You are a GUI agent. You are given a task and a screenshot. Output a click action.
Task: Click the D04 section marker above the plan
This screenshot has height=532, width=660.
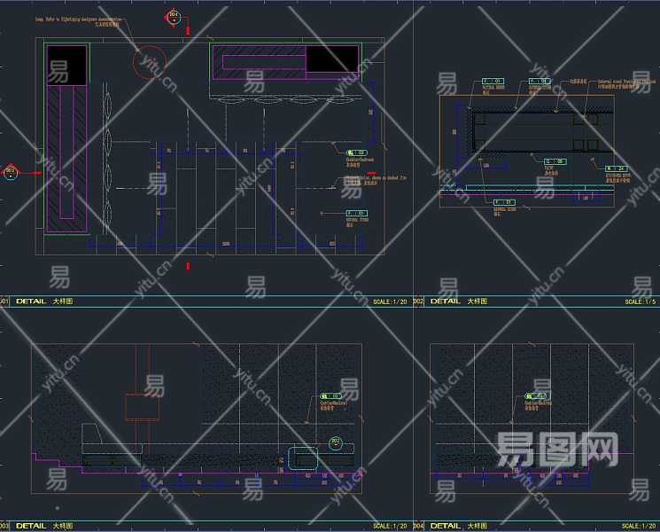(173, 17)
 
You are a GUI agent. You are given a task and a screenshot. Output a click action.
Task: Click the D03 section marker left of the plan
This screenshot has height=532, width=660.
(11, 172)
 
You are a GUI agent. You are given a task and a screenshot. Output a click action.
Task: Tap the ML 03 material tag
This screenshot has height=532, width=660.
(356, 153)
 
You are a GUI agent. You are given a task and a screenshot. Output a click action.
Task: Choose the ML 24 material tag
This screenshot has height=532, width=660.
(617, 168)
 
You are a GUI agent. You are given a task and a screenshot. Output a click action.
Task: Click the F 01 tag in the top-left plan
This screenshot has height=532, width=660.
(356, 214)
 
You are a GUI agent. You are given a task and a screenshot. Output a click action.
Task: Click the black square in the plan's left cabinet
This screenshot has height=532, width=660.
(68, 66)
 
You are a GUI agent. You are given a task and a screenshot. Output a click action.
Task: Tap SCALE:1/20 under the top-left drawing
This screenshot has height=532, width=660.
(390, 301)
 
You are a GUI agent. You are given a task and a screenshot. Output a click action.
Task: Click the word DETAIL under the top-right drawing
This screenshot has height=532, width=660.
(445, 301)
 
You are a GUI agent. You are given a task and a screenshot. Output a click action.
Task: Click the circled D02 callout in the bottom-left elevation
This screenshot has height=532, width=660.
(336, 442)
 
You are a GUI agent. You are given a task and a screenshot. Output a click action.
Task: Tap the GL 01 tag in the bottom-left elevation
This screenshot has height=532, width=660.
(330, 396)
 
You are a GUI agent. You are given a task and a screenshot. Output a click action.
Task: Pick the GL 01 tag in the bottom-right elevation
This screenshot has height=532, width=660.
(536, 396)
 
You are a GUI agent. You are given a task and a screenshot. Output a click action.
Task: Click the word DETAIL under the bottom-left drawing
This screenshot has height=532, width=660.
(31, 526)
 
